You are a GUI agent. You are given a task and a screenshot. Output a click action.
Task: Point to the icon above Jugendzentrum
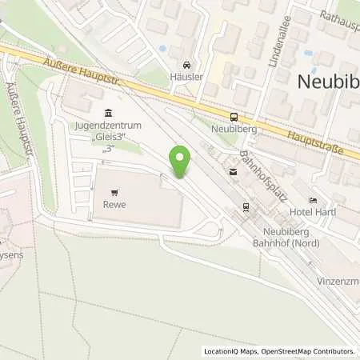coord(109,114)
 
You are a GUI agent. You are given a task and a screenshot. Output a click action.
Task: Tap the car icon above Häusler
coord(186,65)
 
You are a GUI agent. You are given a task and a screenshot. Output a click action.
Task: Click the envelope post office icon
coord(233,170)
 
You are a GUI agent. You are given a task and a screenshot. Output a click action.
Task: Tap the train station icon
coord(246,209)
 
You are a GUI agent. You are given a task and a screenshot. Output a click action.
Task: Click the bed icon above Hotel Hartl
coord(313,200)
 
